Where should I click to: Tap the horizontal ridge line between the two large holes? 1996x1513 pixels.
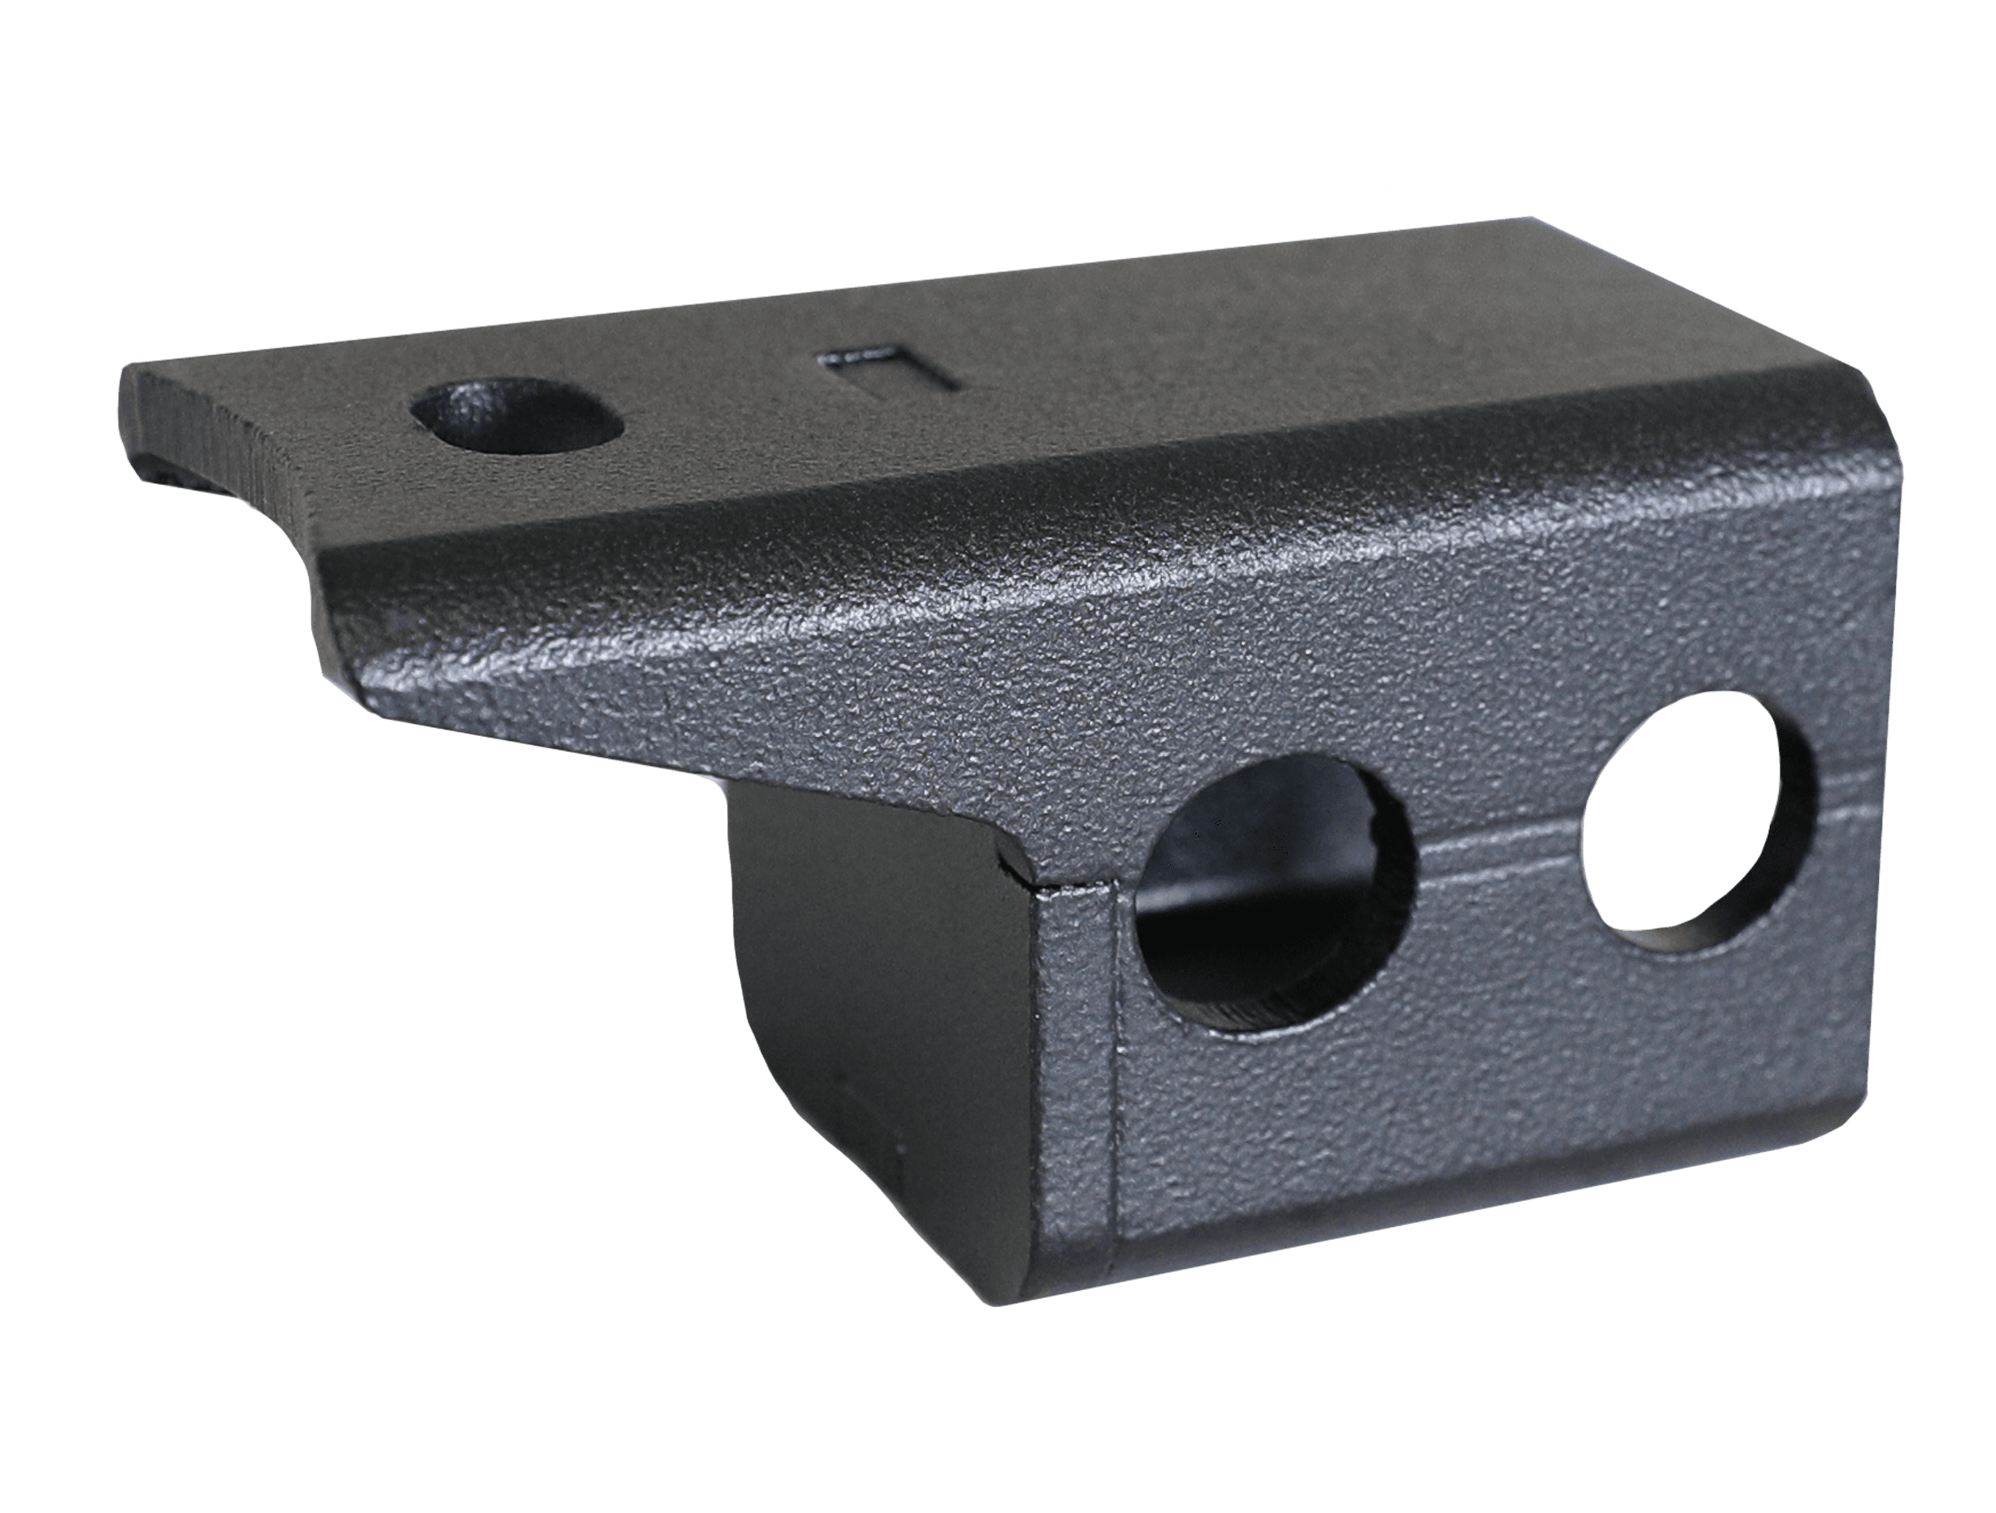pyautogui.click(x=1498, y=853)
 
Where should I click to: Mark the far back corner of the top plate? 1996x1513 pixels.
pyautogui.click(x=1525, y=221)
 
